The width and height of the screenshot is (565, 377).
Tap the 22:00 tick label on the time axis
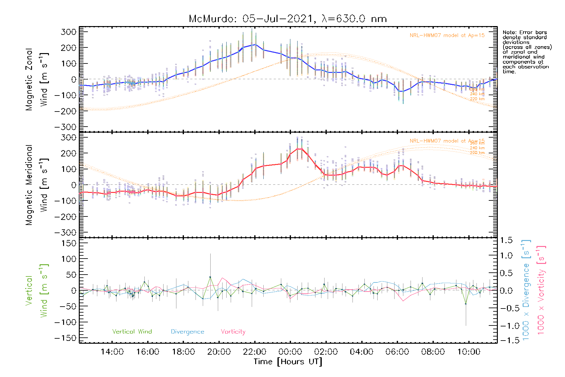tap(255, 352)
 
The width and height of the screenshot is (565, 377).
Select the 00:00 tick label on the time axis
tap(290, 352)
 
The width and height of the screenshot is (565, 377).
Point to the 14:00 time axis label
tap(112, 352)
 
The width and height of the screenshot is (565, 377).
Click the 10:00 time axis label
tap(469, 352)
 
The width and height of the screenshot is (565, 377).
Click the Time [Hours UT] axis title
tap(288, 362)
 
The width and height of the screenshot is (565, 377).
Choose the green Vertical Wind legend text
tap(132, 331)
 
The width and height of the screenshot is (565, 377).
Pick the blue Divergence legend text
tap(187, 331)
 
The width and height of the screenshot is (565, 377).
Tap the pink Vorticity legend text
tap(233, 331)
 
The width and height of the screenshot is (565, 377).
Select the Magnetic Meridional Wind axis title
tap(37, 185)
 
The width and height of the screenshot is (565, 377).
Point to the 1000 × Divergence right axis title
tap(526, 290)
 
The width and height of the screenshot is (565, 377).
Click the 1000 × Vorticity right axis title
tap(541, 290)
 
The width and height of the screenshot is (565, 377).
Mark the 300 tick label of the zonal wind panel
tap(68, 32)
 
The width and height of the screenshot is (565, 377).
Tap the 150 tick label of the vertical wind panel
tap(68, 243)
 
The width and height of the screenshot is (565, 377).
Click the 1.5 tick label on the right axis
tap(506, 240)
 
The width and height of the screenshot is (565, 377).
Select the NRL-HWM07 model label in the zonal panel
tap(447, 36)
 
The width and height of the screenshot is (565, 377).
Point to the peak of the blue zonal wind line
tap(256, 45)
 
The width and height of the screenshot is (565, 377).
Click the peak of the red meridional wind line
tap(299, 149)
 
